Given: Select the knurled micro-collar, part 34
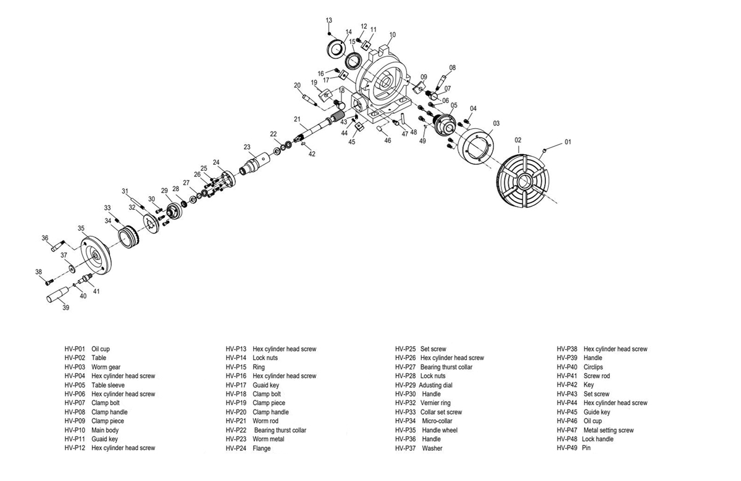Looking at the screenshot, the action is point(129,236).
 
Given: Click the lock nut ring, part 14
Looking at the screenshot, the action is point(336,49).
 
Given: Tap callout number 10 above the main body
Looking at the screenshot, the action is point(392,35).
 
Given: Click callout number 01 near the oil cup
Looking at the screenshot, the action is point(567,142).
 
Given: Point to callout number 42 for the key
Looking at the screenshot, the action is point(312,154).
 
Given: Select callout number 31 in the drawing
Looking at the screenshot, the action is point(125,191).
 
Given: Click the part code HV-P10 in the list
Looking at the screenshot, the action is point(75,430).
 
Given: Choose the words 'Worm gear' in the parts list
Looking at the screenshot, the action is point(106,367).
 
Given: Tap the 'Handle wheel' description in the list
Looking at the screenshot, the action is point(440,430).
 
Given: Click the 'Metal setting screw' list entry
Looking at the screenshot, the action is point(608,430).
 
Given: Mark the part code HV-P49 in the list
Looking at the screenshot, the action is point(567,448).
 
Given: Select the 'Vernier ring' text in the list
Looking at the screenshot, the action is point(435,403).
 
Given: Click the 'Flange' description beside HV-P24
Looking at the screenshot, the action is point(262,448).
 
